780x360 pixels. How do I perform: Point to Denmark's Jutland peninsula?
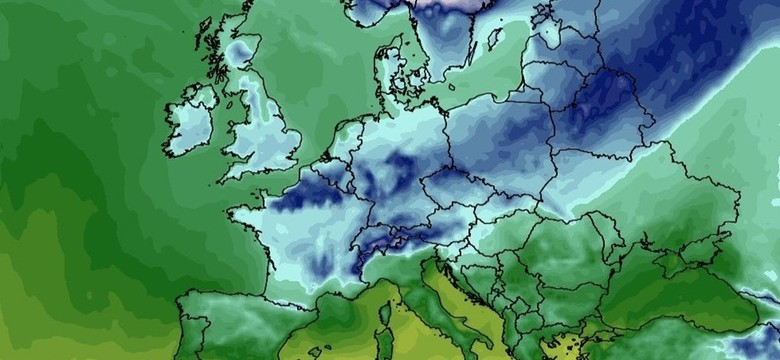[388, 62]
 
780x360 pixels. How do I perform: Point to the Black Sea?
[680, 300]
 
